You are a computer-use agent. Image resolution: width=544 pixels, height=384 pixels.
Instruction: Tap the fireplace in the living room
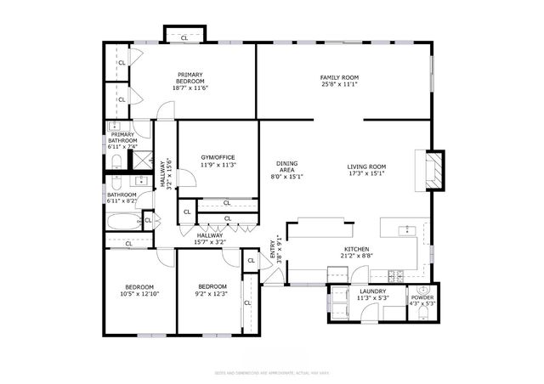[434, 167]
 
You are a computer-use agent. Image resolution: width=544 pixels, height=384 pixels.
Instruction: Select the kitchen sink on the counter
[408, 229]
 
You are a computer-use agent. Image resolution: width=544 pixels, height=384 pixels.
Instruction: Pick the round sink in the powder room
[422, 291]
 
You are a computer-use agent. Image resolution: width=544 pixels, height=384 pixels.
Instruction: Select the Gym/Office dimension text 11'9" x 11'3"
[218, 165]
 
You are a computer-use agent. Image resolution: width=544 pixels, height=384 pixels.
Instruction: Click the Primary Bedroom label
[190, 77]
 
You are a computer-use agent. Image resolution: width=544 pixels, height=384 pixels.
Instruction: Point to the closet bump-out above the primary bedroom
[184, 37]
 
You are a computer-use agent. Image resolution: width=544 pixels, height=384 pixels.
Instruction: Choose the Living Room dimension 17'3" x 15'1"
[366, 173]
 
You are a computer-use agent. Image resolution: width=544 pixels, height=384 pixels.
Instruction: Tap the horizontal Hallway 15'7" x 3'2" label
[210, 239]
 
